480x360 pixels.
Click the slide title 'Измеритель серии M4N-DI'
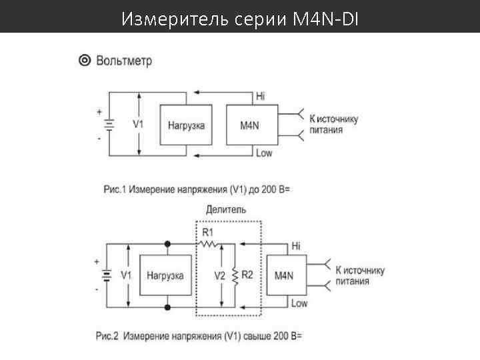(x=240, y=19)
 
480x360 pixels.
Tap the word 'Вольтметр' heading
(x=124, y=61)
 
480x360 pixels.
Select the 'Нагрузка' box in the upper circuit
(x=186, y=125)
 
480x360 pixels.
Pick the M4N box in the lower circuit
(x=285, y=274)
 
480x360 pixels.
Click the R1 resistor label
(x=208, y=233)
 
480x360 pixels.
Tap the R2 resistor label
(x=247, y=275)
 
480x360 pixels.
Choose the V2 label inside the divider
(x=219, y=275)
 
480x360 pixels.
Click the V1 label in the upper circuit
(x=138, y=124)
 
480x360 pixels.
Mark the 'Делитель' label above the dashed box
(x=226, y=209)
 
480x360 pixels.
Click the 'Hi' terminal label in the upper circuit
(x=260, y=97)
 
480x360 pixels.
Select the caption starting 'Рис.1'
(x=197, y=189)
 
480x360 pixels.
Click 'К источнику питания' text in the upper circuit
(x=334, y=125)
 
